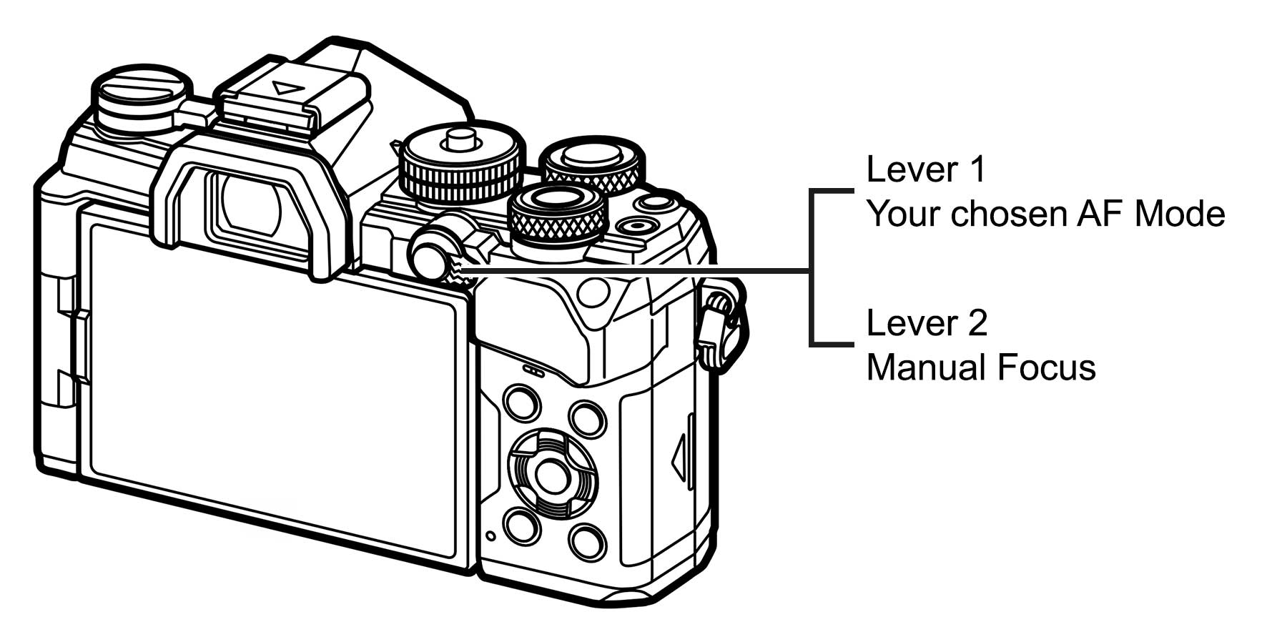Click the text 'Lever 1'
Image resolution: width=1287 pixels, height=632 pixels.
(x=925, y=170)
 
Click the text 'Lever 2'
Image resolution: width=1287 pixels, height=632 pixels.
(x=926, y=324)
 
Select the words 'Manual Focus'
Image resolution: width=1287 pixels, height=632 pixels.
(x=980, y=368)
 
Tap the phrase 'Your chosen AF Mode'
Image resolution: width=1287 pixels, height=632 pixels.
(x=1045, y=214)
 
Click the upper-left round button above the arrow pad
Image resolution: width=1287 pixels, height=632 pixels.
(x=522, y=402)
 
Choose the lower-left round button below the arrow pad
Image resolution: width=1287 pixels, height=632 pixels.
(x=522, y=526)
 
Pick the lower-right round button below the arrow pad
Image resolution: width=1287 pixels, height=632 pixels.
(x=588, y=542)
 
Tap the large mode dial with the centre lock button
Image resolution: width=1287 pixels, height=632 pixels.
(x=461, y=161)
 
